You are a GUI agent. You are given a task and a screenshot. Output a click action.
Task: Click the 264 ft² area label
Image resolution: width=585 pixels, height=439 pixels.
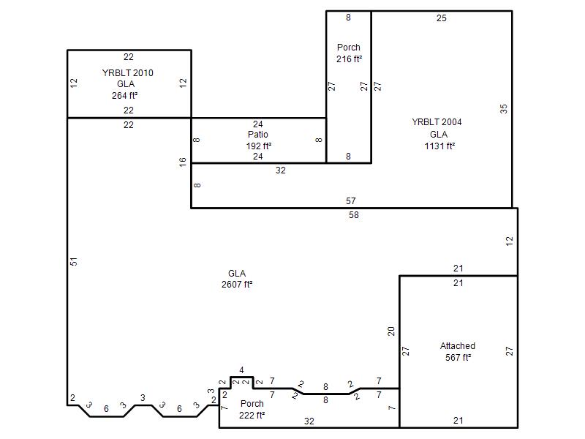124,96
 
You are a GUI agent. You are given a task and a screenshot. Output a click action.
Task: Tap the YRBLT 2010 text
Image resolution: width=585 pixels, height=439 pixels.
127,72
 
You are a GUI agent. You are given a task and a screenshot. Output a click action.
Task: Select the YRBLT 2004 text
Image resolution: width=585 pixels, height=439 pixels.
437,122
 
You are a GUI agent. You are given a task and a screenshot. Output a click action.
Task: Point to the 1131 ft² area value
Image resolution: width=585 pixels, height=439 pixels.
439,146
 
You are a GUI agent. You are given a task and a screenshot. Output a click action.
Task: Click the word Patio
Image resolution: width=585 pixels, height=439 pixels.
258,135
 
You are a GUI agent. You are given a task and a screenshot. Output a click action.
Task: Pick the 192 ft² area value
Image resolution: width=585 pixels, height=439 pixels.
259,146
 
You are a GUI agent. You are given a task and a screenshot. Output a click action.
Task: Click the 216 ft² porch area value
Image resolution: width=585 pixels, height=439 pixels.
350,59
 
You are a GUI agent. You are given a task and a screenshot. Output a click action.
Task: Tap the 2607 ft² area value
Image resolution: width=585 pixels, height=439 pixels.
237,285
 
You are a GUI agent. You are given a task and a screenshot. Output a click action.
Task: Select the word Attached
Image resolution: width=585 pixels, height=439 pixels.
458,346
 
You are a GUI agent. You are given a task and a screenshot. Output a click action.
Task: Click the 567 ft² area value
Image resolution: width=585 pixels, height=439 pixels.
458,358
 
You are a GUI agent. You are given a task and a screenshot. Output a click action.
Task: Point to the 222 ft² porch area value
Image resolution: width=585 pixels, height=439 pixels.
252,415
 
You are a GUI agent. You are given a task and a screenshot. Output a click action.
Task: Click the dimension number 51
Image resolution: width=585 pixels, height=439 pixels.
74,262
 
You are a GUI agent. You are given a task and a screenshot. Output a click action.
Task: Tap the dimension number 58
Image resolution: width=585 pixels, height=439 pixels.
354,215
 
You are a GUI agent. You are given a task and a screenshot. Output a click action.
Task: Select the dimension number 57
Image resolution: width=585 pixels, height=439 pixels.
351,201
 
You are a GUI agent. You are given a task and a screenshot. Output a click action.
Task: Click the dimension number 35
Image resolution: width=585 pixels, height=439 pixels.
504,109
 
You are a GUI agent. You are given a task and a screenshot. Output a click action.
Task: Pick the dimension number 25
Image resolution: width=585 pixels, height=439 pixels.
442,18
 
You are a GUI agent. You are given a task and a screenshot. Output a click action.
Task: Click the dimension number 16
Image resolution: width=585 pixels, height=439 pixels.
182,162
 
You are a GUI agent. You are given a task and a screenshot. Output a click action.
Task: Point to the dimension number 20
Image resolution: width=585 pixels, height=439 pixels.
391,331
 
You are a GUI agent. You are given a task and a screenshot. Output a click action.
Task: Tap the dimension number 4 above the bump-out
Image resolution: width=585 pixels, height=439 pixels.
241,370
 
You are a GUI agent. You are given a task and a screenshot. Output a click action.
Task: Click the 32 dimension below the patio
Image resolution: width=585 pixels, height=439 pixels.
281,170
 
